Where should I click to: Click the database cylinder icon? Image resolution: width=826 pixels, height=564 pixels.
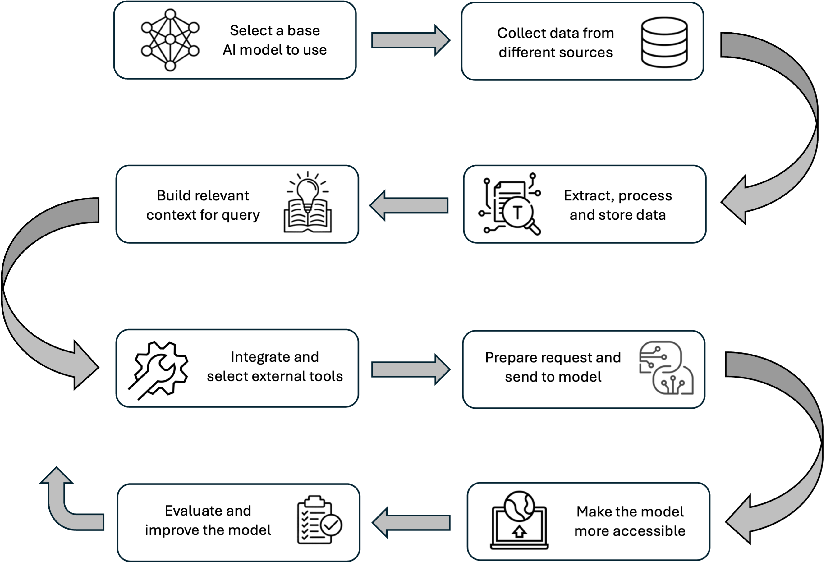coord(664,42)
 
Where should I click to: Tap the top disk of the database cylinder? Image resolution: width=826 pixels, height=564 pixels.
coord(664,25)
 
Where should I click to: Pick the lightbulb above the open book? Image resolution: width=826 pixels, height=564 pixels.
coord(308,190)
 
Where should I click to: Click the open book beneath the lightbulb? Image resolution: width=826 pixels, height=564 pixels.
coord(308,217)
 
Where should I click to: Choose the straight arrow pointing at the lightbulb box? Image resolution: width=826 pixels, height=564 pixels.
coord(409,205)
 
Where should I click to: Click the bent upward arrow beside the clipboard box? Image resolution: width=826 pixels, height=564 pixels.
coord(67,508)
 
